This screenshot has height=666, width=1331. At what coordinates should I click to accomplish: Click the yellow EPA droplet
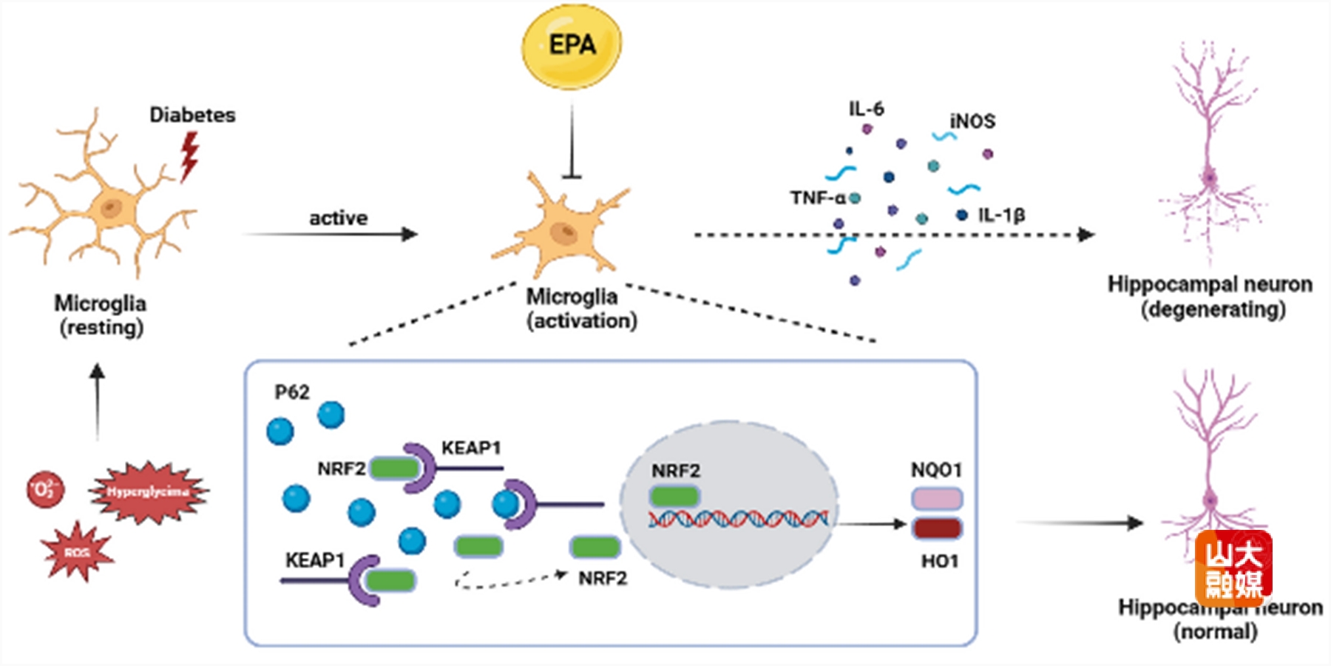coord(572,46)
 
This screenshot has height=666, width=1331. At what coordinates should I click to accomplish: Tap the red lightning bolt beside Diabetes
coord(189,156)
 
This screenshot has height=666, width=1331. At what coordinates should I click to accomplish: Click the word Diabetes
coord(192,115)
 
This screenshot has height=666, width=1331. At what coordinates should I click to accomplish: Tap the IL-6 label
coord(866,109)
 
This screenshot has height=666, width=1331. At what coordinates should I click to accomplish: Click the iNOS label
coord(972,121)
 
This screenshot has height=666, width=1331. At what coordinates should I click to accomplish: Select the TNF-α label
coord(817,198)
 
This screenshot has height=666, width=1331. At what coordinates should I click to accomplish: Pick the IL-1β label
coord(1001,215)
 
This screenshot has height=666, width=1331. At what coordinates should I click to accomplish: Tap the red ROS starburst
coord(77,552)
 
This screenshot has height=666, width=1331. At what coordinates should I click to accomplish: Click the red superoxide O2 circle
coord(45,489)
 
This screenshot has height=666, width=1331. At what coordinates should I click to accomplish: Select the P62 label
coord(292,392)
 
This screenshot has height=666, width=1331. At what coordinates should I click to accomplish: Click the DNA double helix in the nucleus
coord(738,519)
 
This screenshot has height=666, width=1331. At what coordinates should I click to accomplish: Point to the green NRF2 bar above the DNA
coord(674,496)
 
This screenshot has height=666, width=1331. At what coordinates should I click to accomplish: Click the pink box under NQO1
coord(936,499)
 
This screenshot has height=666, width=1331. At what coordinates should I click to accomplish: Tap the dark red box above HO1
coord(937,528)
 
